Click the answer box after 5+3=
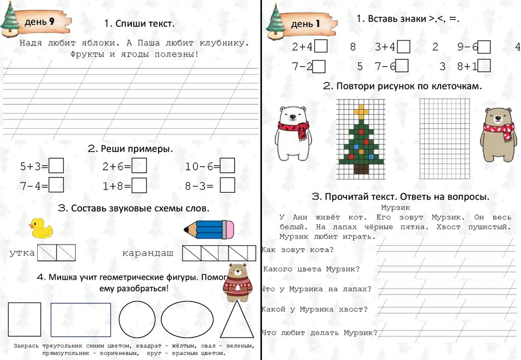click(x=56, y=166)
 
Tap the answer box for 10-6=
click(x=227, y=165)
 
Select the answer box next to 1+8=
click(x=139, y=186)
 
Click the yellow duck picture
click(x=41, y=228)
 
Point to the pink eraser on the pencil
click(x=228, y=229)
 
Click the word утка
click(x=22, y=253)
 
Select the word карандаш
click(x=148, y=253)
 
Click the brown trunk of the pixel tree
click(x=361, y=169)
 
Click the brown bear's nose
click(x=498, y=118)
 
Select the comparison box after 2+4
click(x=321, y=46)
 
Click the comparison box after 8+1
click(x=484, y=66)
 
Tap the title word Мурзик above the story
click(x=395, y=208)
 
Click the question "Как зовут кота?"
click(x=298, y=250)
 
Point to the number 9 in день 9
click(x=51, y=21)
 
